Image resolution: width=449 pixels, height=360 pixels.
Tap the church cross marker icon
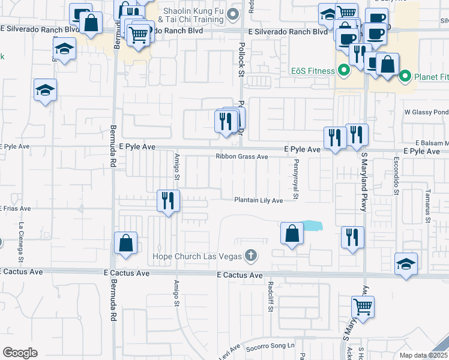[252, 256]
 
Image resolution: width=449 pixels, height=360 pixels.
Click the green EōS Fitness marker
[343, 71]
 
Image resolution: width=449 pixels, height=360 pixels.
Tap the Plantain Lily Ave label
[258, 200]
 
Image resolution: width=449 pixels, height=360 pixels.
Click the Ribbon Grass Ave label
[242, 157]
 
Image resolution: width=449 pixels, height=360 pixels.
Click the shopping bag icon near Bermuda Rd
[126, 243]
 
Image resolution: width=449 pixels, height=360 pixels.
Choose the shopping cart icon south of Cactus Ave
[363, 307]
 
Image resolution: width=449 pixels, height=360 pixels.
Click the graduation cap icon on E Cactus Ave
[406, 264]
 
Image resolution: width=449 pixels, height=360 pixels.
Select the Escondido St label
[396, 176]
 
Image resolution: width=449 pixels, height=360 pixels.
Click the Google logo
[20, 353]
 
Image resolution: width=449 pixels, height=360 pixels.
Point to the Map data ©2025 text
[424, 355]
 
